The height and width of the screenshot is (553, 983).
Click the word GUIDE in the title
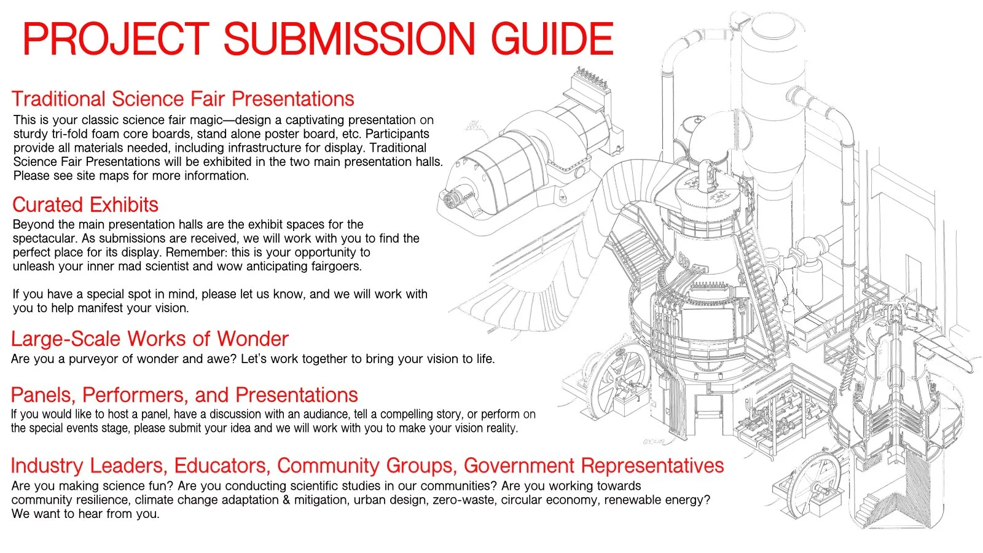552,39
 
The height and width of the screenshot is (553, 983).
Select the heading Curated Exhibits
85,205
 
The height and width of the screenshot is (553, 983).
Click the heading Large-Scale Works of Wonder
149,339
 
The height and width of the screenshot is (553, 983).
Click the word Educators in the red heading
222,466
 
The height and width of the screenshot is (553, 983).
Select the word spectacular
45,238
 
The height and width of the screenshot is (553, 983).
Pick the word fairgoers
334,266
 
